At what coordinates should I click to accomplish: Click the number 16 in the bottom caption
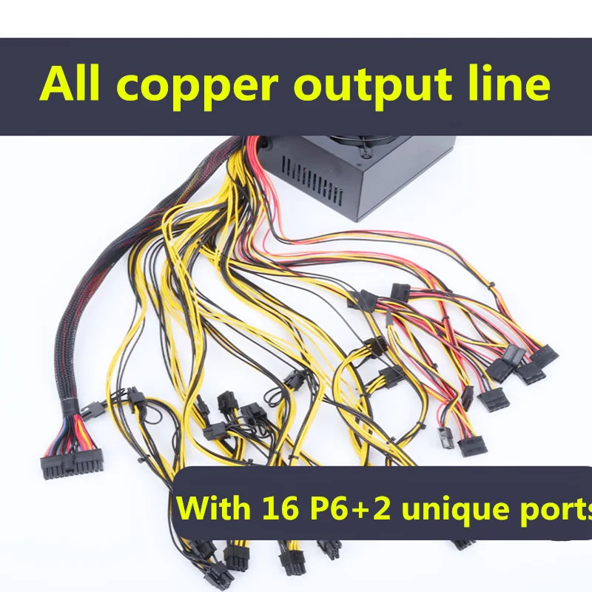(x=280, y=508)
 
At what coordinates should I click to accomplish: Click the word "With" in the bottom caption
(x=214, y=508)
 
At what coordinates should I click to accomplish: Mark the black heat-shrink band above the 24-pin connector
(x=70, y=406)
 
